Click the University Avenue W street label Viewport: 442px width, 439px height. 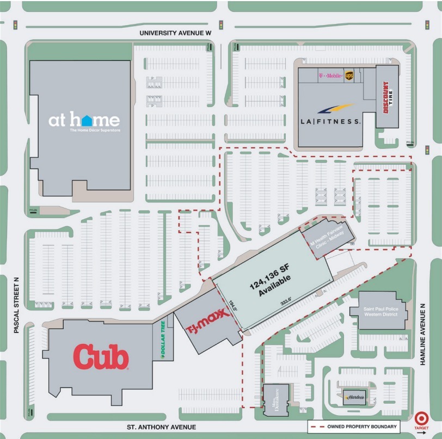175,33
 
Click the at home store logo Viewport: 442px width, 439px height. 84,121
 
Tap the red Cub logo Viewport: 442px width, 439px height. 101,358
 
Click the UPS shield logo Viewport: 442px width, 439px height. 349,76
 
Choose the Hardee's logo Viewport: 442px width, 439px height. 354,397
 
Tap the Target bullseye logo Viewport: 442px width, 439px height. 421,419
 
